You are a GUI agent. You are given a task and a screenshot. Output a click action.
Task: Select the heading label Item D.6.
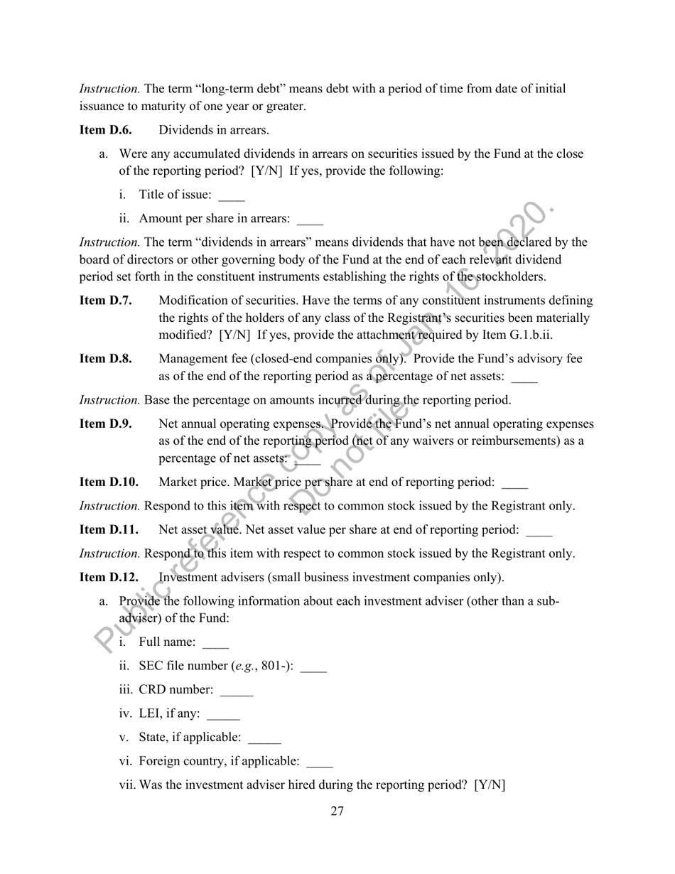pos(105,130)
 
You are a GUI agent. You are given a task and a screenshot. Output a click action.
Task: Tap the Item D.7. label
pos(105,301)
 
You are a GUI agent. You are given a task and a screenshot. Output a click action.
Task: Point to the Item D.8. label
pos(105,359)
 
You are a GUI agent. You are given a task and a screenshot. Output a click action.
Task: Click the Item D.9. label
pos(105,424)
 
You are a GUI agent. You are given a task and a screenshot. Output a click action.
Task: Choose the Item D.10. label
pos(109,482)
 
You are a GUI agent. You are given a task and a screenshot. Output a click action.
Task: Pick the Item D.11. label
pos(109,529)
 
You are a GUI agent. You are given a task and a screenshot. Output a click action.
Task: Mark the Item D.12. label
pos(109,577)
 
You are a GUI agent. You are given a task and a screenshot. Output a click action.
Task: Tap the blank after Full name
pos(216,644)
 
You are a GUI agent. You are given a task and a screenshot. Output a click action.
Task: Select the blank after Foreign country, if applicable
pos(320,762)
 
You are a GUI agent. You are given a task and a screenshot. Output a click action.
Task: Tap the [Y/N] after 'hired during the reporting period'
pos(490,786)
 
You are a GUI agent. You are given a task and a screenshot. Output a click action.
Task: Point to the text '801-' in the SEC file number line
pos(274,667)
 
